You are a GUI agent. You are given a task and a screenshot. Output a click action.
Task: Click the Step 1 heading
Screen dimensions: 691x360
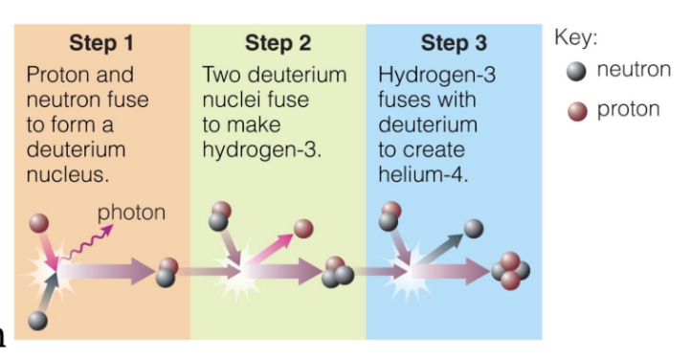pos(100,43)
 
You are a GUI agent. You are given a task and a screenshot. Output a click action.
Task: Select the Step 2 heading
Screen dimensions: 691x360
pos(278,43)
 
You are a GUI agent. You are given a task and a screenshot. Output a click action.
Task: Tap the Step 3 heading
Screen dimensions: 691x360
pos(454,43)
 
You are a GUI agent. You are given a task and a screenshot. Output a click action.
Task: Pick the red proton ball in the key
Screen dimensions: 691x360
pos(575,109)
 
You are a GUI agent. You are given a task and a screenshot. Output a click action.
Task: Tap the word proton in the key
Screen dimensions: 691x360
pos(628,109)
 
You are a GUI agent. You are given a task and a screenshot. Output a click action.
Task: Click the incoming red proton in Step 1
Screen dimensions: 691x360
pos(38,224)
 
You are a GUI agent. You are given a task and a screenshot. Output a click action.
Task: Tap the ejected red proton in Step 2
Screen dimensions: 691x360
pos(303,229)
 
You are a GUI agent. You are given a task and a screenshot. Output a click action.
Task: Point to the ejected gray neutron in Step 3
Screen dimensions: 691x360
pos(474,228)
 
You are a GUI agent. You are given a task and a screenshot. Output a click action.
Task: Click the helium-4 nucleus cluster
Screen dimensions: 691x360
pos(511,271)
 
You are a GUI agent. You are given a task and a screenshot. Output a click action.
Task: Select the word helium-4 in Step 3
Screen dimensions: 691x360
pos(420,174)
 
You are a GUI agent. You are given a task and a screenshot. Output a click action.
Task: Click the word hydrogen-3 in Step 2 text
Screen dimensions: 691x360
pos(257,149)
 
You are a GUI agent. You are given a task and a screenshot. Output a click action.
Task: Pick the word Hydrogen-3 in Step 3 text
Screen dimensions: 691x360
pos(435,75)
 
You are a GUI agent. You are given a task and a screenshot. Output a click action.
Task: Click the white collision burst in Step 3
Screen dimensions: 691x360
pos(417,280)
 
